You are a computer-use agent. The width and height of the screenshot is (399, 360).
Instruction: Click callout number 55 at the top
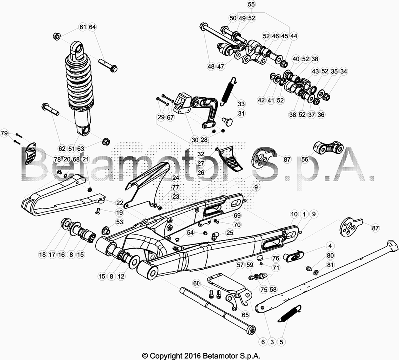point(251,4)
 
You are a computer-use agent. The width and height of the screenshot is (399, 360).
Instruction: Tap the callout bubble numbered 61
point(83,27)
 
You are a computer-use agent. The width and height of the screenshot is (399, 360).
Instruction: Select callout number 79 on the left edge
point(4,133)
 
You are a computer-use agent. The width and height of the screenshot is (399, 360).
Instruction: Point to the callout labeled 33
point(241,104)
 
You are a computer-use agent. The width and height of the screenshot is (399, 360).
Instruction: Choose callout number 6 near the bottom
point(263,342)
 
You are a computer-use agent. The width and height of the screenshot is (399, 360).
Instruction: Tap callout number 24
point(176,178)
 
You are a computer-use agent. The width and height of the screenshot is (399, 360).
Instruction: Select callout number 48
point(211,66)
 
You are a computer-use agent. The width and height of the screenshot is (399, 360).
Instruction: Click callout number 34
point(343,71)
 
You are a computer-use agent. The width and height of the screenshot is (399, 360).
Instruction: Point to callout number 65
point(245,315)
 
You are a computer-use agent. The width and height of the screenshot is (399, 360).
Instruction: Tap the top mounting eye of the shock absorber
point(78,50)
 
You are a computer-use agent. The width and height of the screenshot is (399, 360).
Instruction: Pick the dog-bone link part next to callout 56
point(327,149)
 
